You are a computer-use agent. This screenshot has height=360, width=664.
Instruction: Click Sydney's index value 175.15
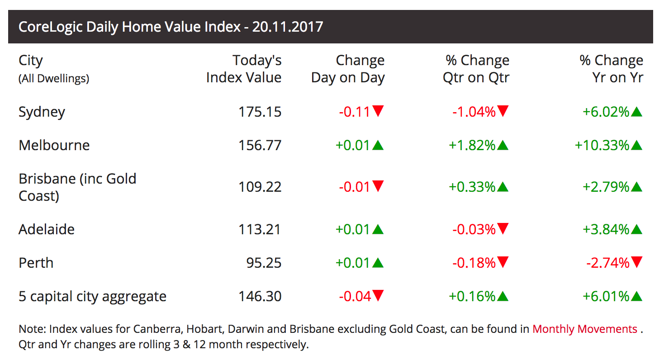click(260, 112)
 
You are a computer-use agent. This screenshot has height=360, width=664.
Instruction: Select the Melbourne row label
click(54, 145)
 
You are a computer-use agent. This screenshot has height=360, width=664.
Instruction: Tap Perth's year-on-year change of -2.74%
click(608, 263)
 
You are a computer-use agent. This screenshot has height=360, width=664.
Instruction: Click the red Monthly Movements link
click(585, 329)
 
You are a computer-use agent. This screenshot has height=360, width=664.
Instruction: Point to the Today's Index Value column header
click(244, 69)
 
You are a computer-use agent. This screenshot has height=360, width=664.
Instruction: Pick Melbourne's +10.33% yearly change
click(602, 145)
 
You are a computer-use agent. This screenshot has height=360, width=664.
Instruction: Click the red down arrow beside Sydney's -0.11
click(378, 111)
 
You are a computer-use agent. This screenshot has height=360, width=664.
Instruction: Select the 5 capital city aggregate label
click(92, 296)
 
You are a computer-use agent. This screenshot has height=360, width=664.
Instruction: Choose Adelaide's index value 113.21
click(260, 229)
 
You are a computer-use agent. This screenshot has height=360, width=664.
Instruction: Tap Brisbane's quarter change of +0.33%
click(472, 187)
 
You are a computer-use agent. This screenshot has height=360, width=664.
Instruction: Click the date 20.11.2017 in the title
click(288, 27)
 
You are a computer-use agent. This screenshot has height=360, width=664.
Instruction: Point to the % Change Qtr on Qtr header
click(476, 69)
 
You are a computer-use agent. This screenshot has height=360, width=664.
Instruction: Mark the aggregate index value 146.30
click(260, 296)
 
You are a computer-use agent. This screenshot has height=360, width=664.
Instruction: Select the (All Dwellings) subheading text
click(54, 79)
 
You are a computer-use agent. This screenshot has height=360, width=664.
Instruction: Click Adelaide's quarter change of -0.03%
click(474, 229)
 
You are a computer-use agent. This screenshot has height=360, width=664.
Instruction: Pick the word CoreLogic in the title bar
click(50, 27)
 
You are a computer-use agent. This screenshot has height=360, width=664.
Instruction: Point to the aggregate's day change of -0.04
click(355, 296)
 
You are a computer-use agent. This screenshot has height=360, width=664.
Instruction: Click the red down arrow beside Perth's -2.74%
click(637, 262)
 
